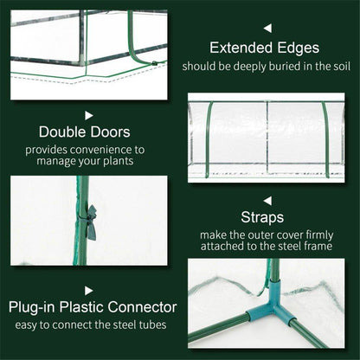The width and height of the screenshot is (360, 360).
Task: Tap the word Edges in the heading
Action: [x=311, y=48]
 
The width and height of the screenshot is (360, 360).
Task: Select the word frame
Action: [x=327, y=246]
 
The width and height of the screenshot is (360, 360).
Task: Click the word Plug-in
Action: [x=39, y=306]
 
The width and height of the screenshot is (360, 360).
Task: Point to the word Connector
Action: [x=144, y=306]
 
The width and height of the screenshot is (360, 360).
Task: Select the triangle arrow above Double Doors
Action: [x=88, y=113]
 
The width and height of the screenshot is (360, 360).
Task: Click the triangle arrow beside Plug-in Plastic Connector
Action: [x=88, y=291]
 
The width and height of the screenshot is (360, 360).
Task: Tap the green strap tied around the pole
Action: [x=89, y=212]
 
